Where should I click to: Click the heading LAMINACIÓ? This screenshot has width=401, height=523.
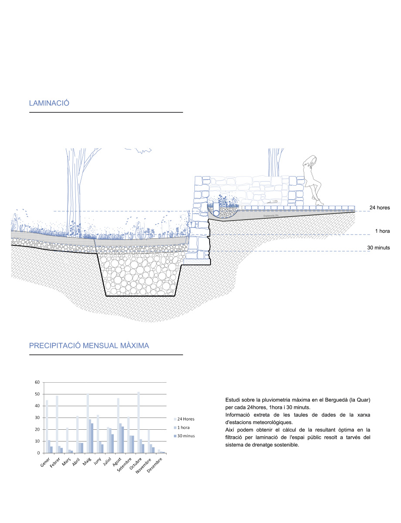49,103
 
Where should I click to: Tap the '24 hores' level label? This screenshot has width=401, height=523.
380,208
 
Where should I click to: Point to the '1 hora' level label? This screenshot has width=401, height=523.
382,231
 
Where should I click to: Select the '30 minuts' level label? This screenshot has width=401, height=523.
378,248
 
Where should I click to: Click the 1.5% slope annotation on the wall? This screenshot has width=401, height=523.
275,201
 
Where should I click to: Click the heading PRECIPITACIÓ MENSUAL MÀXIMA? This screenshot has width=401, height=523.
89,346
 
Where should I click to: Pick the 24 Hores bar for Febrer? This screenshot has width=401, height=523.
57,424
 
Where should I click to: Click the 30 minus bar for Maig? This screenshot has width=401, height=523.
92,438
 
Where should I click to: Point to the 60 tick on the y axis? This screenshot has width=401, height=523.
37,382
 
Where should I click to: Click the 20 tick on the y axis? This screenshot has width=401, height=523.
37,429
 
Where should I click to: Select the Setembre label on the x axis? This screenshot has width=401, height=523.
126,463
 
